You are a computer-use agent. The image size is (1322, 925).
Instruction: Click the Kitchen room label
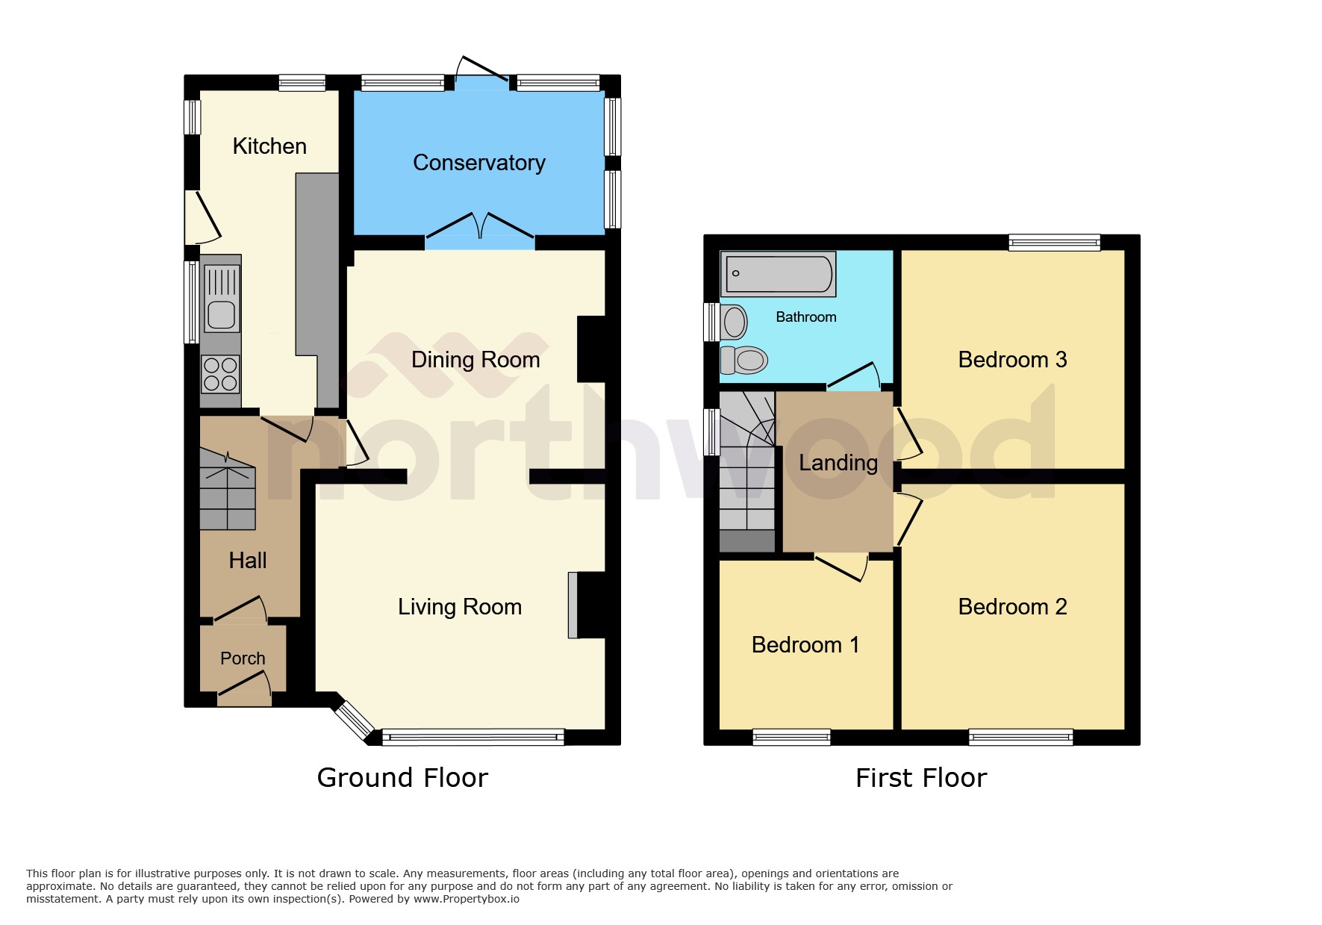(x=269, y=146)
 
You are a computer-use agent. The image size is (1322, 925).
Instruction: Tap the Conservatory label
(x=478, y=163)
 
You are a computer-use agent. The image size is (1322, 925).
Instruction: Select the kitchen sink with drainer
(x=221, y=299)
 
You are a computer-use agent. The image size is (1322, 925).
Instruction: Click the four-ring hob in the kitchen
(x=220, y=374)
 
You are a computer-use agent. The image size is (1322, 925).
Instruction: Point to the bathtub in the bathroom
(x=778, y=274)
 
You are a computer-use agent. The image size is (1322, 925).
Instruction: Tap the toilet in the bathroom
(x=744, y=361)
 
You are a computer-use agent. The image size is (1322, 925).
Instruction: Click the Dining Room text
(x=476, y=360)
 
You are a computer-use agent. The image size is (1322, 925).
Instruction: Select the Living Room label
(x=459, y=607)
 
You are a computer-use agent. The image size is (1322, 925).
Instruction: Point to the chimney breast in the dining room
(x=591, y=349)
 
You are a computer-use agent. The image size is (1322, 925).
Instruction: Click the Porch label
(x=243, y=658)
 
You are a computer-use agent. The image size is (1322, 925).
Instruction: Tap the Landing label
(x=838, y=463)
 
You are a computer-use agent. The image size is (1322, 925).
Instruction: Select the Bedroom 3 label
(x=1012, y=360)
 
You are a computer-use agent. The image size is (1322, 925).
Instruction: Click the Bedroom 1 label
(x=805, y=645)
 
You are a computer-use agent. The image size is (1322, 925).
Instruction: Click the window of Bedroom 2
(x=1020, y=738)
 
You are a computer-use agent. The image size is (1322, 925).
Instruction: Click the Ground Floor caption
(x=402, y=778)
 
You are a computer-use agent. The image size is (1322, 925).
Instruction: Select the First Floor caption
(x=920, y=778)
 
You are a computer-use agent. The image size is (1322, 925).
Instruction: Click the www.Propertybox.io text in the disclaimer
(x=466, y=899)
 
